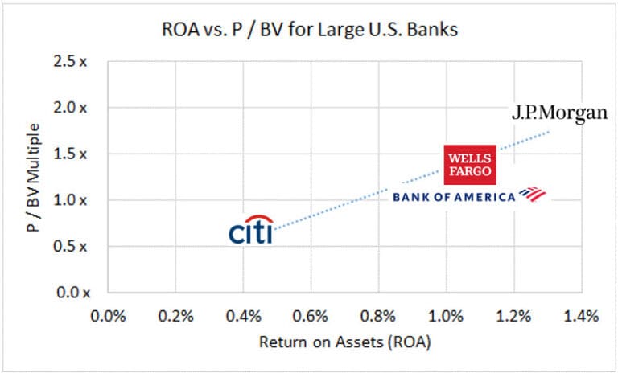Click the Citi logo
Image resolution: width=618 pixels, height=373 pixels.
tap(250, 231)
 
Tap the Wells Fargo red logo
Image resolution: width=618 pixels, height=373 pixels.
tap(471, 164)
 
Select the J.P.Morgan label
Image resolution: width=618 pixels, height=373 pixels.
tap(559, 113)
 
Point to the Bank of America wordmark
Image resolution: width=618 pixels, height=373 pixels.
tap(453, 196)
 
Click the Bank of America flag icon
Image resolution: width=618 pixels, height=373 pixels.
tap(531, 194)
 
